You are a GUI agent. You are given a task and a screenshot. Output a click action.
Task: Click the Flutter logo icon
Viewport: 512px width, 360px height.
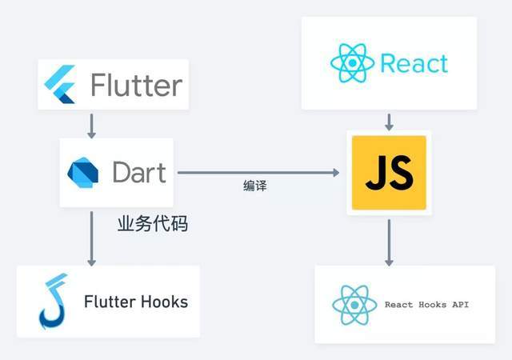pyautogui.click(x=60, y=84)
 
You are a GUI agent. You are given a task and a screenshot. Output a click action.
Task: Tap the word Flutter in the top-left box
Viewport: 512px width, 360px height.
pyautogui.click(x=137, y=85)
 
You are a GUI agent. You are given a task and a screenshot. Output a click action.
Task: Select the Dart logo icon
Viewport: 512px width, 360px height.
pyautogui.click(x=83, y=173)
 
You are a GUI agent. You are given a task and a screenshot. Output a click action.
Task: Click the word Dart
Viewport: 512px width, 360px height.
pyautogui.click(x=139, y=172)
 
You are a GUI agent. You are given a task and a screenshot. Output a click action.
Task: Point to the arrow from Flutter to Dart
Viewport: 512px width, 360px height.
pyautogui.click(x=92, y=126)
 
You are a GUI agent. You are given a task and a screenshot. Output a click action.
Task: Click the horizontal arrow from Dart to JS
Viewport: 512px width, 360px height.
pyautogui.click(x=258, y=173)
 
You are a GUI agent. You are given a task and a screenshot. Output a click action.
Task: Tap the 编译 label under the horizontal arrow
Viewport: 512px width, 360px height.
pyautogui.click(x=254, y=186)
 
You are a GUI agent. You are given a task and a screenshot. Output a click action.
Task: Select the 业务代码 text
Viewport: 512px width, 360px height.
pyautogui.click(x=153, y=224)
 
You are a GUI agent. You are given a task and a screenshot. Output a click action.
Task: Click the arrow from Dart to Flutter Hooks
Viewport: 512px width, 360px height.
pyautogui.click(x=92, y=238)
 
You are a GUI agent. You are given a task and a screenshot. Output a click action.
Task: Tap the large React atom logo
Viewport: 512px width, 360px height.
pyautogui.click(x=352, y=62)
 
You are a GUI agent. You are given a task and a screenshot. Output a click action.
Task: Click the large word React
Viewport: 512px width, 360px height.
pyautogui.click(x=414, y=63)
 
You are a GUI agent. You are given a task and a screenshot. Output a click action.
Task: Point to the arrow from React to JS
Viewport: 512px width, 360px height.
pyautogui.click(x=389, y=122)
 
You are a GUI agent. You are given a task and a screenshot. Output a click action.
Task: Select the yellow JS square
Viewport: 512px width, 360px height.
pyautogui.click(x=389, y=173)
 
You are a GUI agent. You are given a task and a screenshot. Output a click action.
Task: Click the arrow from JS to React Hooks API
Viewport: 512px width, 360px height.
pyautogui.click(x=389, y=242)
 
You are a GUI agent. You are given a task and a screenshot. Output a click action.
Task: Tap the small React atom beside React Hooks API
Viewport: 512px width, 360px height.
pyautogui.click(x=354, y=305)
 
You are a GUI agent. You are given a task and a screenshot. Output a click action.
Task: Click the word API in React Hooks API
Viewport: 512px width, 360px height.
pyautogui.click(x=460, y=305)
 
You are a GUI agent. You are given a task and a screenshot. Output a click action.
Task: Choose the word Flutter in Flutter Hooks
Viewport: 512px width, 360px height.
pyautogui.click(x=110, y=302)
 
